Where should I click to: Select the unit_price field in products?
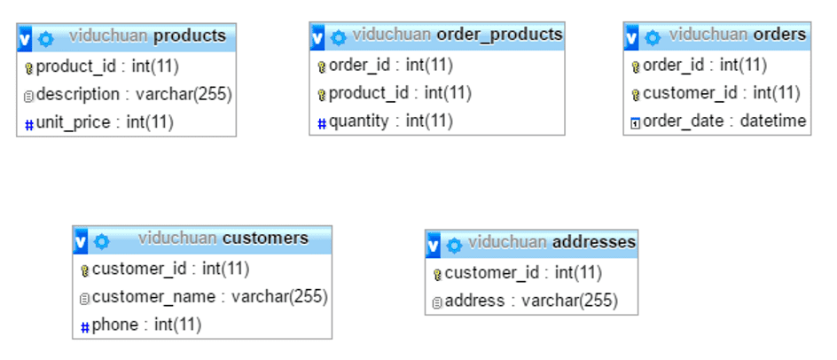[x=105, y=122]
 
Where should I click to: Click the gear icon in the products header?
[x=46, y=38]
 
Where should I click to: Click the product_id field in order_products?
[x=400, y=93]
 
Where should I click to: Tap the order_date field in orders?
[x=724, y=121]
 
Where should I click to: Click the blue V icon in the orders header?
[x=632, y=37]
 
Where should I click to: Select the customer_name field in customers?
[x=209, y=297]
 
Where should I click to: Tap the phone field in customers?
[x=146, y=325]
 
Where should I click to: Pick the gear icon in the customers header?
[x=102, y=241]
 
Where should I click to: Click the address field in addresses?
[x=530, y=301]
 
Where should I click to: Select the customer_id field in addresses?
[x=523, y=273]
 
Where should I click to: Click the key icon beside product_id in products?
[x=28, y=67]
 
